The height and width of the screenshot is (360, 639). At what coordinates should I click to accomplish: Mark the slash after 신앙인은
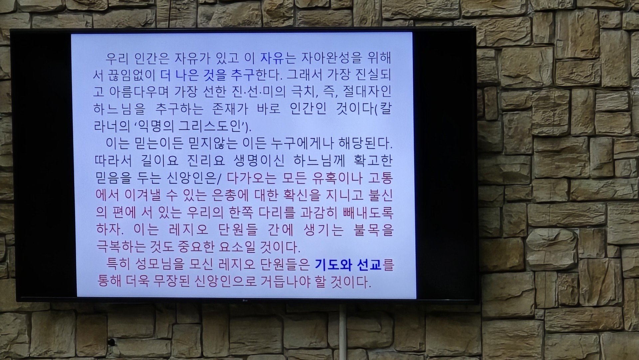click(x=219, y=179)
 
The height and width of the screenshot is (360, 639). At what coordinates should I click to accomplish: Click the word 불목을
click(x=374, y=229)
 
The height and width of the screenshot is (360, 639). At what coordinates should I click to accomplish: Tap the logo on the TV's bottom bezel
click(x=245, y=302)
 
